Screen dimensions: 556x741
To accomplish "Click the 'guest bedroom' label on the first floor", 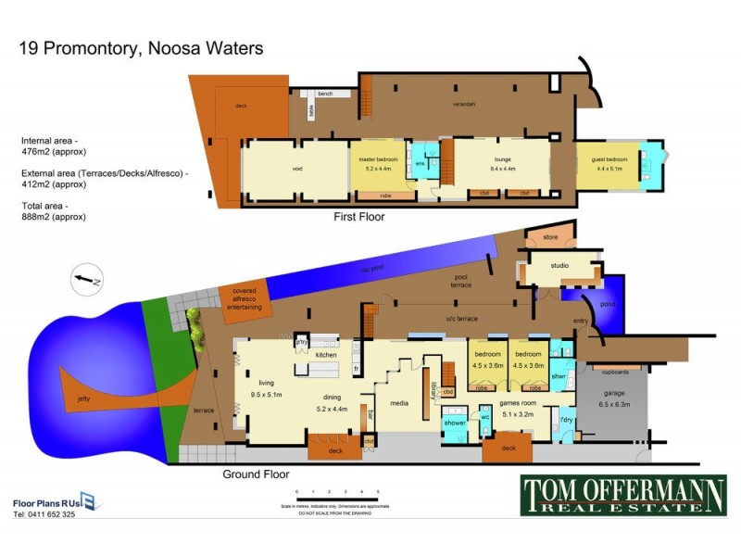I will pyautogui.click(x=610, y=159).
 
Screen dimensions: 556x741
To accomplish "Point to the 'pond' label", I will pyautogui.click(x=608, y=302).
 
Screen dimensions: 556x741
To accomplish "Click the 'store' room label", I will pyautogui.click(x=550, y=238).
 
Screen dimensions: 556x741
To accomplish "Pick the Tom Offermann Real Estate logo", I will pyautogui.click(x=623, y=494).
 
